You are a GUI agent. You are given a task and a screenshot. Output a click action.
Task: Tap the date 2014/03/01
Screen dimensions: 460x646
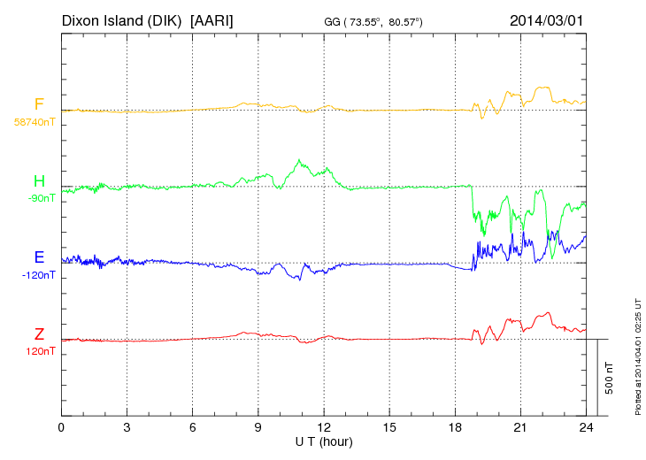(x=546, y=19)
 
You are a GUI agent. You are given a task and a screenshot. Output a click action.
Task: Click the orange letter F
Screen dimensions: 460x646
(x=39, y=105)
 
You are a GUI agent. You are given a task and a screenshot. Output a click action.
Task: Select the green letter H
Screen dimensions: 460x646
(x=39, y=182)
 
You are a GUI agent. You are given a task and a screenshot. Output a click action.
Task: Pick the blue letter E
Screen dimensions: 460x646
(x=39, y=257)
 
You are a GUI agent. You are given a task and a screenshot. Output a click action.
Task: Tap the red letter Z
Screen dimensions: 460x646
(x=39, y=334)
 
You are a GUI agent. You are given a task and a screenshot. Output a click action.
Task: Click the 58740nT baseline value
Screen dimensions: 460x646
(x=35, y=122)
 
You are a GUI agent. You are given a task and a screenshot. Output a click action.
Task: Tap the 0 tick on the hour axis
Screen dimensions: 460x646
(x=62, y=428)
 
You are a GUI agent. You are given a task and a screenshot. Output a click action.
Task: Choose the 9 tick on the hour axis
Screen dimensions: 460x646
(x=258, y=428)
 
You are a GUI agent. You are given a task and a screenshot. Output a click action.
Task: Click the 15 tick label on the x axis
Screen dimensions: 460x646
(x=389, y=428)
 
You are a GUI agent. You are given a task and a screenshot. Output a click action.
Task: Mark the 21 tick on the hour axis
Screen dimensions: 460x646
(x=520, y=428)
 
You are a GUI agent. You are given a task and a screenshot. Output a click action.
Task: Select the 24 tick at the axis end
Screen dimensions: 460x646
(x=586, y=428)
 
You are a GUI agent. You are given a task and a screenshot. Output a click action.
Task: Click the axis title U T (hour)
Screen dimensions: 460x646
(x=324, y=441)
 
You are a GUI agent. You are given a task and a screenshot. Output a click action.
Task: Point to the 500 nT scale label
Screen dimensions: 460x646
(x=610, y=378)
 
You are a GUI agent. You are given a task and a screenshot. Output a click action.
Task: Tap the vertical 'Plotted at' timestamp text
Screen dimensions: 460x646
(x=637, y=354)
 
